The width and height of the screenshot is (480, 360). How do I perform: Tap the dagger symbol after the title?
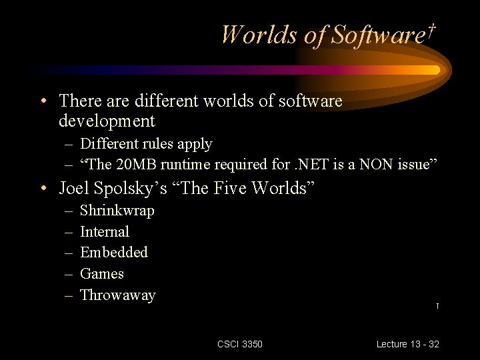click(432, 30)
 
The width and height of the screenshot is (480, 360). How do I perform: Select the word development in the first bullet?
click(107, 121)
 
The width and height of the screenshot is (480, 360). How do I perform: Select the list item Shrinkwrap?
click(117, 211)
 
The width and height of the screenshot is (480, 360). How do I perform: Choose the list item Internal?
click(105, 232)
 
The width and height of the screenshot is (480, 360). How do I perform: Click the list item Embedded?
click(114, 253)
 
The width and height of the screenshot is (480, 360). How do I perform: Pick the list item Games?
click(102, 274)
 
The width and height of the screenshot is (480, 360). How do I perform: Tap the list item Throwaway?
click(117, 295)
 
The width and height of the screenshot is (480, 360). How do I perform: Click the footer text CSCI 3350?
click(240, 344)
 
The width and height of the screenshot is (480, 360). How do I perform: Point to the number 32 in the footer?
click(434, 344)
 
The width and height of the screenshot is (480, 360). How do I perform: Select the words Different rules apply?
click(146, 144)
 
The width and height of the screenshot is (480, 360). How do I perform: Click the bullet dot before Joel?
click(42, 189)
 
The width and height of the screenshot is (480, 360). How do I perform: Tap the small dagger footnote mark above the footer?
click(437, 306)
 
